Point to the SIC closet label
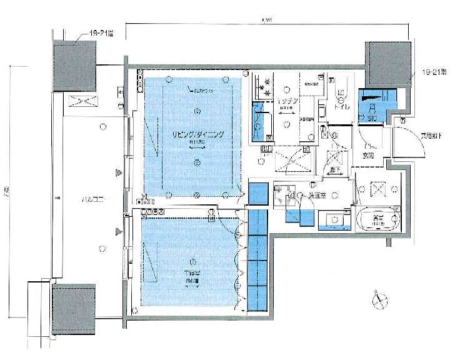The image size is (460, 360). click(371, 117)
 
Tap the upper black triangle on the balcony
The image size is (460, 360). click(117, 172)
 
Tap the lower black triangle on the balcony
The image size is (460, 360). click(117, 232)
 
